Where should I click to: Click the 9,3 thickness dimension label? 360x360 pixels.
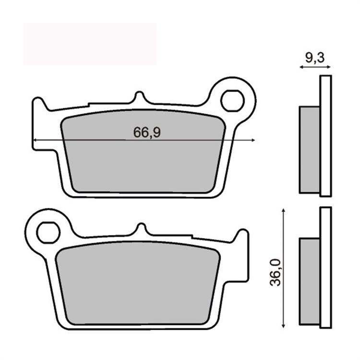tap(314, 58)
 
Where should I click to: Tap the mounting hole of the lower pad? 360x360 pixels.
tap(48, 233)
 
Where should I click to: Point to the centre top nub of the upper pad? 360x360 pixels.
tap(140, 98)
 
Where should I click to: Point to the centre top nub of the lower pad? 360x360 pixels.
tap(141, 229)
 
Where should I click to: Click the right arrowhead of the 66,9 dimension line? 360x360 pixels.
tap(252, 140)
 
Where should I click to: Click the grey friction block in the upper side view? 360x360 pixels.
tap(310, 149)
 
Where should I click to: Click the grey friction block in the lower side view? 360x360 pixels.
tap(310, 281)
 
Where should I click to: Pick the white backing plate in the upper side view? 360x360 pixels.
tap(325, 136)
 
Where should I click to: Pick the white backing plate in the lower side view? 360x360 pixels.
tap(325, 267)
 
